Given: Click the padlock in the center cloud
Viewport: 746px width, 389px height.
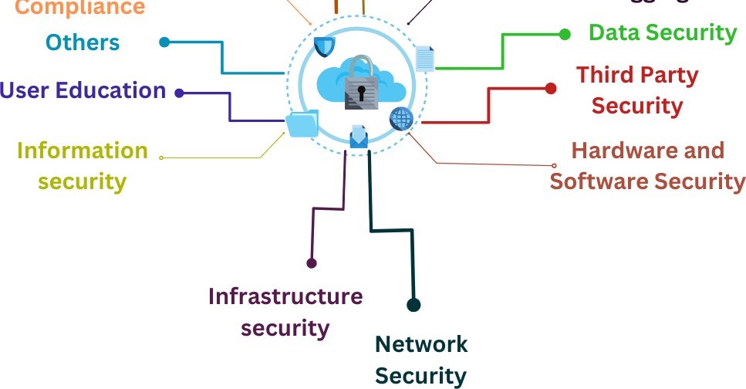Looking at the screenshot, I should tap(360, 81).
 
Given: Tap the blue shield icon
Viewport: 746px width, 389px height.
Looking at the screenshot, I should tap(324, 46).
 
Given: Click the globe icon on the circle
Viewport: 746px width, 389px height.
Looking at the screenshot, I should tap(401, 119).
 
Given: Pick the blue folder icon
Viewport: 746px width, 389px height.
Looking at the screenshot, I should tap(302, 123).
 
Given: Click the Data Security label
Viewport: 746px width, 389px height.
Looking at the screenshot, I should tap(663, 32).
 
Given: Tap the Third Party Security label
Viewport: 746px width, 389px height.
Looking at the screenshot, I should tap(637, 90).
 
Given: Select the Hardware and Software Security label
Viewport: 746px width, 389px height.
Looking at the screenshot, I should tap(647, 165).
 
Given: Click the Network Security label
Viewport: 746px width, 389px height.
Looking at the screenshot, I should tap(421, 360).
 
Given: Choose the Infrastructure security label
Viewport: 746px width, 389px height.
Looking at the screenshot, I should tap(285, 311).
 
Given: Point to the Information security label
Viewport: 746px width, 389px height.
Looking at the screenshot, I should tap(83, 165).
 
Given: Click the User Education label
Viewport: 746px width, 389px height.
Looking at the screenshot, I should tap(83, 90).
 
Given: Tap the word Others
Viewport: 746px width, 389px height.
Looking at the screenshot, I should tap(83, 42).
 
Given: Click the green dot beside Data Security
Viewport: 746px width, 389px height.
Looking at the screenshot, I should tap(565, 34).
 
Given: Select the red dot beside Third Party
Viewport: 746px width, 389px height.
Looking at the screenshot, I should tap(551, 89).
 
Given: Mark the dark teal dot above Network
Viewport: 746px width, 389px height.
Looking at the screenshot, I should tap(414, 305).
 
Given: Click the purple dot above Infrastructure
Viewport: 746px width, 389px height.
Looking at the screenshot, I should tap(312, 263).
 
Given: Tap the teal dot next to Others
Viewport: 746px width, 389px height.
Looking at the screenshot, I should tap(164, 42).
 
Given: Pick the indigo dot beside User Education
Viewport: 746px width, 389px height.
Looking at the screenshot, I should tap(179, 93).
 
